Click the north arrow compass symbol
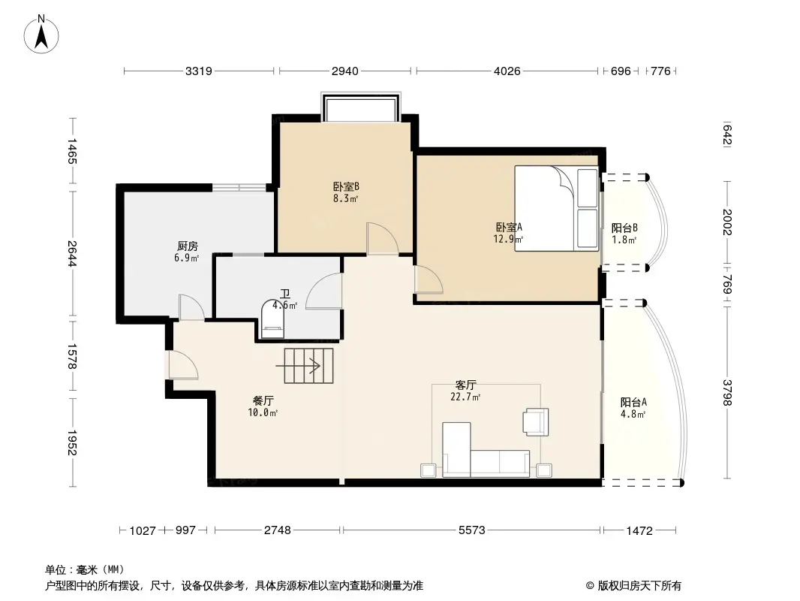tap(42, 33)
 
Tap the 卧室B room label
tap(346, 187)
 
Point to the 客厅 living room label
tap(466, 385)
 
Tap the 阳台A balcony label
tap(633, 402)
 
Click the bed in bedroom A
tap(556, 209)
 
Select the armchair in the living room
tap(536, 421)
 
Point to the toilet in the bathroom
tap(272, 320)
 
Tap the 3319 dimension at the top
tap(199, 71)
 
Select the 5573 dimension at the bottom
tap(471, 530)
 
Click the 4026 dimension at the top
tap(507, 71)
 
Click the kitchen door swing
tap(191, 308)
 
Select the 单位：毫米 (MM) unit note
tap(84, 570)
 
